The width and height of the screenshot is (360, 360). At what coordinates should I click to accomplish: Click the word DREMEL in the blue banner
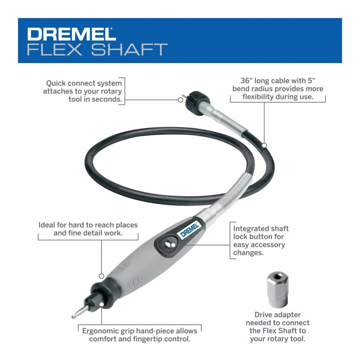[x=72, y=34]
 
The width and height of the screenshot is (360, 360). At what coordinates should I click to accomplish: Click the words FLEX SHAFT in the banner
[x=97, y=49]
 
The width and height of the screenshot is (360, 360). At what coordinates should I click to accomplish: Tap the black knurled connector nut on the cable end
[x=198, y=102]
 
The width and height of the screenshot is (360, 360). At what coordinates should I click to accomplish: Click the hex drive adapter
[x=277, y=290]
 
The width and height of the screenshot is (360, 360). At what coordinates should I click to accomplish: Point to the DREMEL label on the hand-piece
[x=189, y=230]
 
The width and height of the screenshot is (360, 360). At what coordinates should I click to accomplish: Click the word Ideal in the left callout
[x=46, y=225]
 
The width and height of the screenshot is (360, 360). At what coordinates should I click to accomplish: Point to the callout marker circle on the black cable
[x=264, y=145]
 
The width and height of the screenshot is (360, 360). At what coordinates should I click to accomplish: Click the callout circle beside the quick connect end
[x=180, y=100]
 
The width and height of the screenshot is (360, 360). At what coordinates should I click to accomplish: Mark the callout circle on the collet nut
[x=102, y=305]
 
